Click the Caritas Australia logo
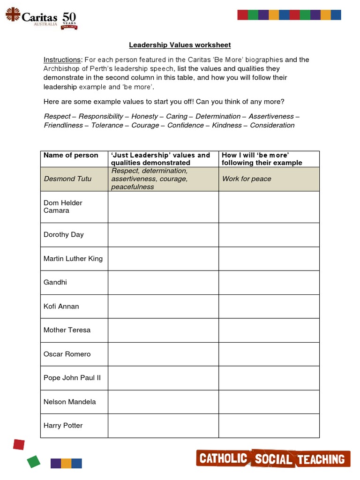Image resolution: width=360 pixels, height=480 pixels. coord(41,18)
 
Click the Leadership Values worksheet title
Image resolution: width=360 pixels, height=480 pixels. coord(180,45)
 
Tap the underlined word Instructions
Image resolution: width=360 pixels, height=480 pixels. coord(62,60)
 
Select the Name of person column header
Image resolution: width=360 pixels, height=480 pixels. coord(71,155)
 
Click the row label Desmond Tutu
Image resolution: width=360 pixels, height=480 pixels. coord(67,179)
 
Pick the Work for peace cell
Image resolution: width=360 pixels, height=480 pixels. coord(247,179)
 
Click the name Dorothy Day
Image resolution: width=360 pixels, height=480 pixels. coord(63,234)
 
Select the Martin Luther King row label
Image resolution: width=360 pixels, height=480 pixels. coord(73,258)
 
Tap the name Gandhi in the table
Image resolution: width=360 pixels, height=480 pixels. coord(55,282)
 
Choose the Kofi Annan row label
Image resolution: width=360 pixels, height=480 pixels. coord(61,306)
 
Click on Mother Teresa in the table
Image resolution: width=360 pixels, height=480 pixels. coord(67,330)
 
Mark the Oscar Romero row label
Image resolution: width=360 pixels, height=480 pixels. coord(67,354)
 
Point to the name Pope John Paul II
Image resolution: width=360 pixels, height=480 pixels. coord(72,378)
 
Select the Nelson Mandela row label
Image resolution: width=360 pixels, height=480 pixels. coord(69,402)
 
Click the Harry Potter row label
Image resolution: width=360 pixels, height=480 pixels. coord(63,426)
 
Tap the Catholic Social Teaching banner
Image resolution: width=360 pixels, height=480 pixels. coord(273,459)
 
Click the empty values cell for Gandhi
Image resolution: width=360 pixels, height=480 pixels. coord(163,282)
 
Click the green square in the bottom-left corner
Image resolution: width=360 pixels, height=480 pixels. coord(34,461)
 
